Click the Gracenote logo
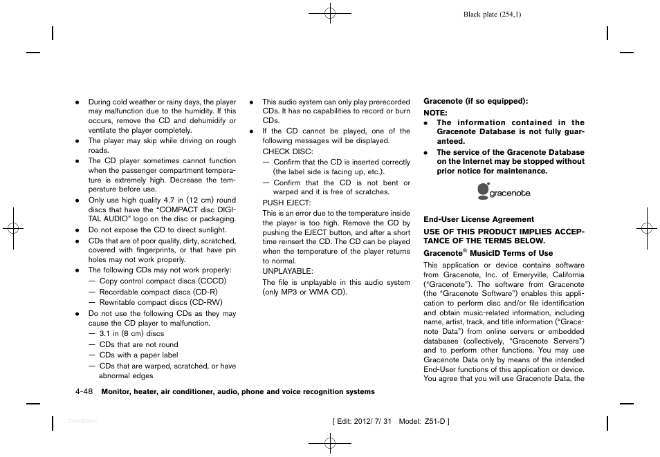tap(504, 192)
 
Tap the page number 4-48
tap(84, 391)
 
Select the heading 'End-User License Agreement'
tap(479, 219)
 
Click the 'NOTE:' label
tap(435, 112)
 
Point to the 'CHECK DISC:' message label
tap(288, 151)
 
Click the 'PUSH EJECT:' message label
tap(287, 203)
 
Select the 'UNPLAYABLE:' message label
tap(288, 271)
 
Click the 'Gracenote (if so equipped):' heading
tap(476, 101)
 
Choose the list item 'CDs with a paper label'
tap(138, 355)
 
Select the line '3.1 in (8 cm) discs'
tap(131, 333)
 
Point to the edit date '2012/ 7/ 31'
tap(372, 421)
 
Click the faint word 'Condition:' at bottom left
tap(83, 420)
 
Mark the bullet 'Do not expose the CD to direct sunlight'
tap(157, 230)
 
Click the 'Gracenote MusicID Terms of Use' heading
tap(488, 253)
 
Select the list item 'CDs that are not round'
tap(138, 344)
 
